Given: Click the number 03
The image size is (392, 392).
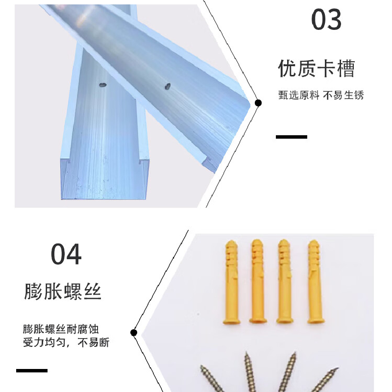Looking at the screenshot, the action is click(326, 19).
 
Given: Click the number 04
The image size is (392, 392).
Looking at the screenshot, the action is click(66, 254).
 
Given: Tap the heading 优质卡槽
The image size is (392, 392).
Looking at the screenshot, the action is click(317, 68).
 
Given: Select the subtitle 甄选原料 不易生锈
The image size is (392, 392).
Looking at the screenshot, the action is click(321, 95).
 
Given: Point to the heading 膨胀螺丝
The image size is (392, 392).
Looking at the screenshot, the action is click(63, 291).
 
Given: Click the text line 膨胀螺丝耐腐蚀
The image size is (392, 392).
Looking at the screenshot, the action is click(61, 329).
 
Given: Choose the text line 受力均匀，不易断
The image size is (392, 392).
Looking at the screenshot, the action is click(66, 342).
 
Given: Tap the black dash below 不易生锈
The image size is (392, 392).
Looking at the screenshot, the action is click(292, 137).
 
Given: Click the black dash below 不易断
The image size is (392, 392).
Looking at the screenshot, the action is click(32, 370).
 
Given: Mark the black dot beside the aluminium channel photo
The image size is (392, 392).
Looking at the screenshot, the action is click(258, 103).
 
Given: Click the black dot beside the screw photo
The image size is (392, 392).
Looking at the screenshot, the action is click(134, 333).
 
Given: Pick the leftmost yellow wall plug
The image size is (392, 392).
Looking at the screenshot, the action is click(231, 282).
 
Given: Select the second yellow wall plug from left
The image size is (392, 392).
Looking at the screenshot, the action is click(258, 281).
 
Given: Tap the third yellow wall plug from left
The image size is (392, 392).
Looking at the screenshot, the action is click(285, 281).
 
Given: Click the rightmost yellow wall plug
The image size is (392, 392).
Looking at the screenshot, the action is click(316, 282).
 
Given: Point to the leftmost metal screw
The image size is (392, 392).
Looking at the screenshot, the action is click(213, 379).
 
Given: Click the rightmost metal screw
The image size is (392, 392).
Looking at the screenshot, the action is click(324, 380).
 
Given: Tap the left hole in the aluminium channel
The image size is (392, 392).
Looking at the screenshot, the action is click(103, 85).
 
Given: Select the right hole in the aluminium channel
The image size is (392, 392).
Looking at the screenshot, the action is click(168, 87).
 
